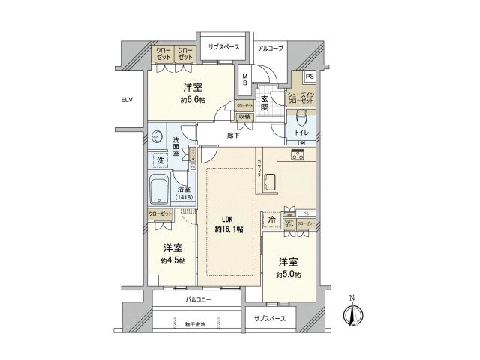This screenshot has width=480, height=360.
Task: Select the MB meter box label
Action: [x=245, y=76]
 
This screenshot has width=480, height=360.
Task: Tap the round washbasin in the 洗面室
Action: [x=157, y=137]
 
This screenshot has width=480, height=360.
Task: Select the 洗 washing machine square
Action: [x=159, y=160]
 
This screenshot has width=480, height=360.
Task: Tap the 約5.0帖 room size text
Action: [x=288, y=274]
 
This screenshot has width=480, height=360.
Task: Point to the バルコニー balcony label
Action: [x=198, y=299]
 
